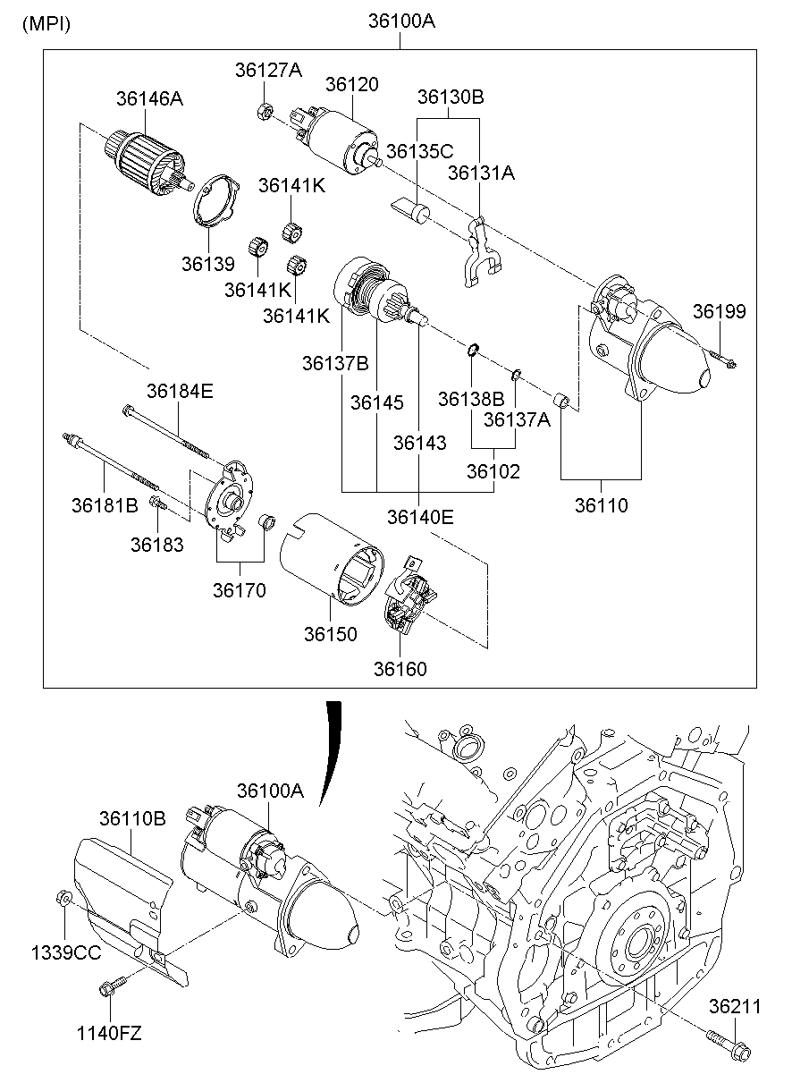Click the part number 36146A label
click(x=148, y=98)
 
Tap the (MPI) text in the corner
click(x=46, y=24)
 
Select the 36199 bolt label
click(x=719, y=311)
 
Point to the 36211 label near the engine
click(x=736, y=1007)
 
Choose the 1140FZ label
click(x=109, y=1035)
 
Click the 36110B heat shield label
click(x=132, y=818)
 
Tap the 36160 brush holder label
click(x=400, y=668)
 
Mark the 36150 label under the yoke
click(x=330, y=634)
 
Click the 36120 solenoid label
click(x=351, y=85)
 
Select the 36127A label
click(x=268, y=70)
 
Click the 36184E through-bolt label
click(x=180, y=391)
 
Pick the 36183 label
click(x=156, y=544)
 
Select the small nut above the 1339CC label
click(x=63, y=897)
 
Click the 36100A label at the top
click(x=400, y=21)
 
